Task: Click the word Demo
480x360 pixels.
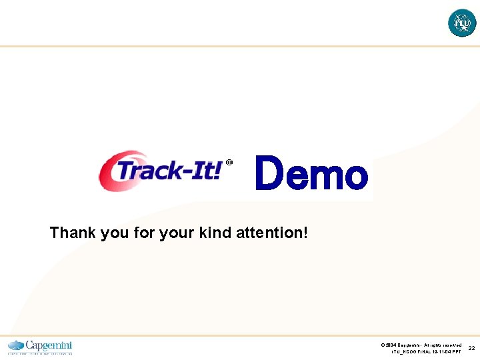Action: coord(311,174)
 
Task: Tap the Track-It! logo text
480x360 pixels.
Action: coord(169,171)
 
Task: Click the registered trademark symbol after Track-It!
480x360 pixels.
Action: coord(229,163)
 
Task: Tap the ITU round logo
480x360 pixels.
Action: coord(462,23)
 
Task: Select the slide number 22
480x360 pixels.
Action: coord(471,348)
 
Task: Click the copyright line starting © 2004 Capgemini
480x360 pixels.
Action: coord(421,345)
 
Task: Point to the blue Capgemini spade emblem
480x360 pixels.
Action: coord(15,345)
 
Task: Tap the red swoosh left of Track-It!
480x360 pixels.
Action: coord(107,171)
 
